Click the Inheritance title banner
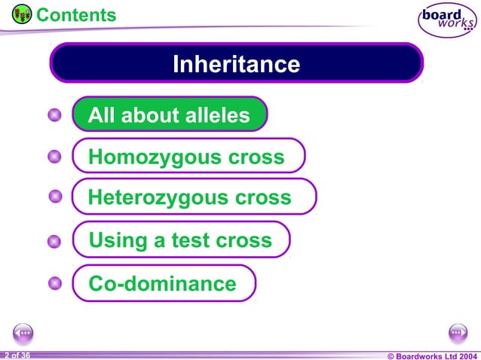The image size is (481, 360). pos(236,63)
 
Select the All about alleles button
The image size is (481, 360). pos(170,115)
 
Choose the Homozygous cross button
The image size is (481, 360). pos(188,157)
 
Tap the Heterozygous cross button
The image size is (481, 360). pos(193,197)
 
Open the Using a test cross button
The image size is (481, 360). pos(181,240)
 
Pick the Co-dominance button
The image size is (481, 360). pos(164,283)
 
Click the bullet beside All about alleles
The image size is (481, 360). pos(54,115)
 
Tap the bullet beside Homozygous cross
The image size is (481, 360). pos(54,157)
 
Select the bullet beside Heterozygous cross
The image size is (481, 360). pos(54,197)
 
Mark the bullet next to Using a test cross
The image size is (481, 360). pos(54,242)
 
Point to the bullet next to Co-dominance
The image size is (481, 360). pos(54,283)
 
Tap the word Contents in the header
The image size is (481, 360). pos(76,14)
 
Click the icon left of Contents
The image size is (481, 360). pos(22,14)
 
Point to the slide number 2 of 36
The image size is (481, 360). pos(17,354)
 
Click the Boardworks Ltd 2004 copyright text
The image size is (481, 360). pos(431,355)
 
